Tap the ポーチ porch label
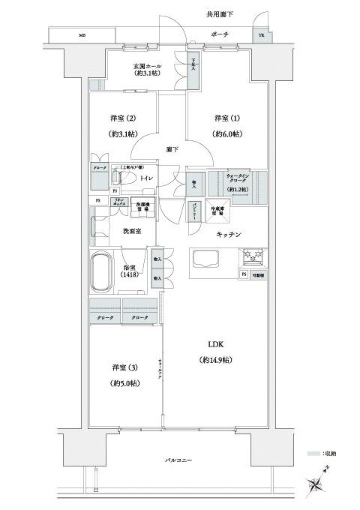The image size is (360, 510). click(220, 35)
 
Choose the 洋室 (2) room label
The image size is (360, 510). click(121, 118)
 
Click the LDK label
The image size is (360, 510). click(215, 345)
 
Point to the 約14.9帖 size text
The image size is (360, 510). click(216, 361)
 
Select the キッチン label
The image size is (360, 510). click(228, 234)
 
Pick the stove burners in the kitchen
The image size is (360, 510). click(250, 258)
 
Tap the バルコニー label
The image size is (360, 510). click(181, 459)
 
